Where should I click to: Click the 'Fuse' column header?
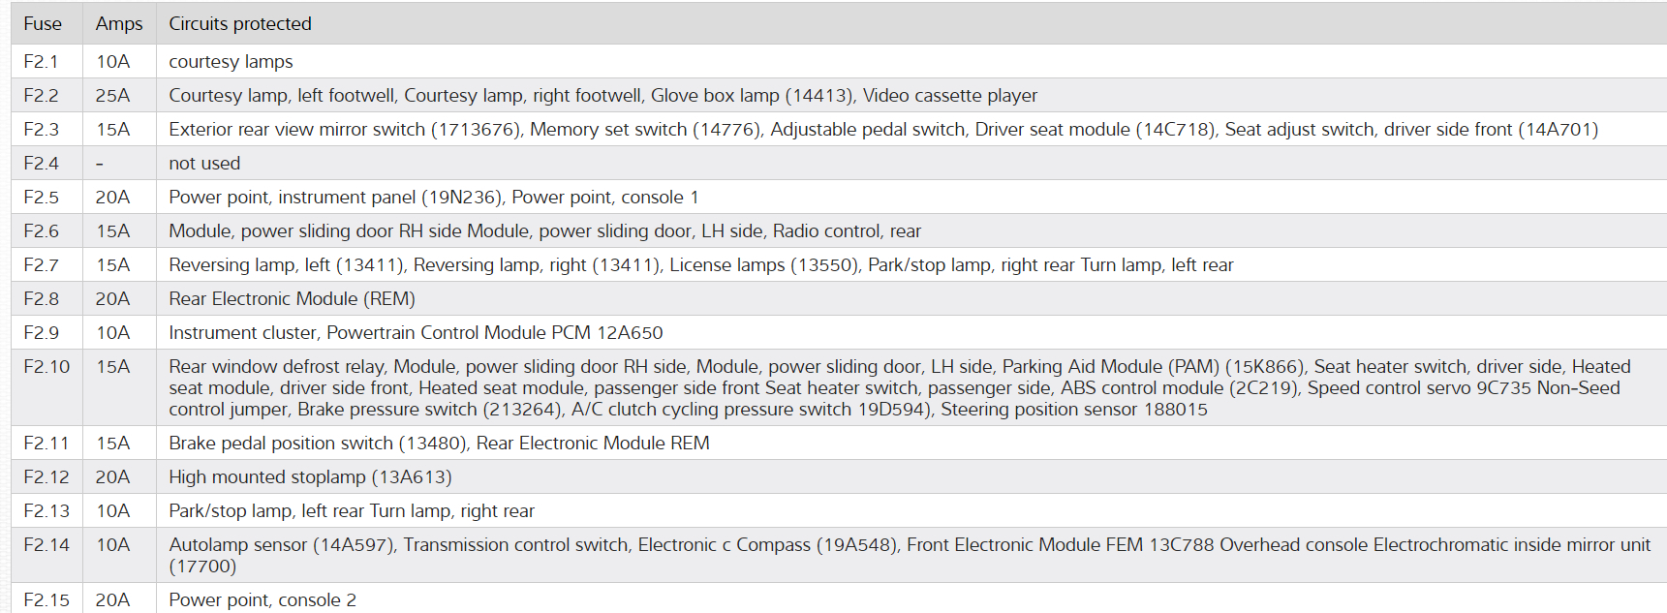pyautogui.click(x=43, y=24)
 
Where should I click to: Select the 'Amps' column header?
pyautogui.click(x=119, y=24)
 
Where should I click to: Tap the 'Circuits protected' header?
pyautogui.click(x=240, y=24)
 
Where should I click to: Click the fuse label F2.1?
pyautogui.click(x=41, y=62)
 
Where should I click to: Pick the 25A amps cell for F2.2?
pyautogui.click(x=112, y=96)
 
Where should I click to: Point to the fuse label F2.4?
pyautogui.click(x=41, y=164)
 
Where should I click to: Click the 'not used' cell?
pyautogui.click(x=204, y=164)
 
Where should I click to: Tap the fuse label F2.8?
pyautogui.click(x=41, y=299)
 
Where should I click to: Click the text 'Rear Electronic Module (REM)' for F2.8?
pyautogui.click(x=292, y=299)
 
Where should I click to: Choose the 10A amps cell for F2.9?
pyautogui.click(x=112, y=333)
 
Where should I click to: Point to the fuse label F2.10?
pyautogui.click(x=46, y=367)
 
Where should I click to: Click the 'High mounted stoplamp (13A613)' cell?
pyautogui.click(x=310, y=477)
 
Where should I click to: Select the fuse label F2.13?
pyautogui.click(x=46, y=511)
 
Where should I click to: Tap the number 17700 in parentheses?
pyautogui.click(x=202, y=567)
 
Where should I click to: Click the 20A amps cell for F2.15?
pyautogui.click(x=112, y=600)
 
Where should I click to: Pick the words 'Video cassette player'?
pyautogui.click(x=949, y=96)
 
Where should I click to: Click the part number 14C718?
pyautogui.click(x=1175, y=130)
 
